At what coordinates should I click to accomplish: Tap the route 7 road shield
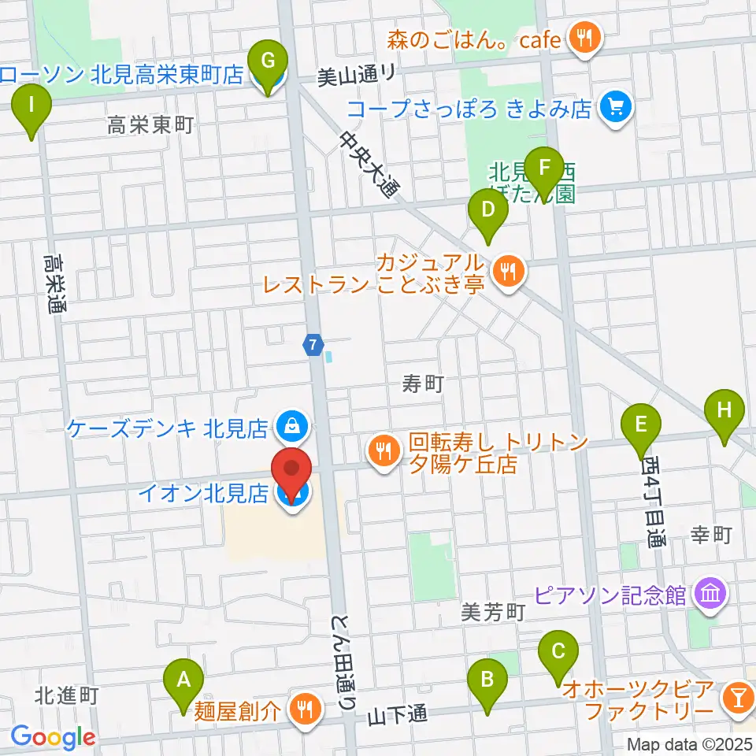click(x=313, y=344)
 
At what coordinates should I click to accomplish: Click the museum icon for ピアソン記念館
click(x=710, y=595)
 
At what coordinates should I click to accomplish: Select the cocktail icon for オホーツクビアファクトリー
click(x=738, y=696)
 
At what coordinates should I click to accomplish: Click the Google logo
click(x=53, y=736)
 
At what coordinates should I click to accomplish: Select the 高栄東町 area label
click(x=150, y=124)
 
